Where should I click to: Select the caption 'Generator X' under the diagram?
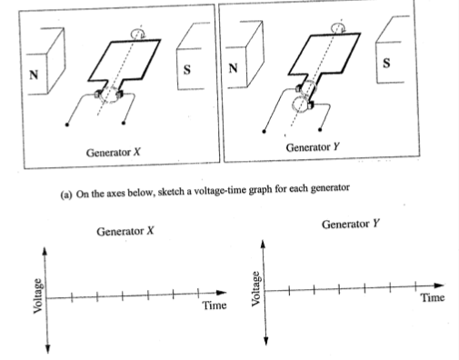point(113,152)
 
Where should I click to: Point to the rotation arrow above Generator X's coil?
point(137,33)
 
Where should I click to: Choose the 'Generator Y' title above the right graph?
point(351,225)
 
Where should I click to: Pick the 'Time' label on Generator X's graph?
point(215,306)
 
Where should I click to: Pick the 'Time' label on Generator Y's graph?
point(432,298)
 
